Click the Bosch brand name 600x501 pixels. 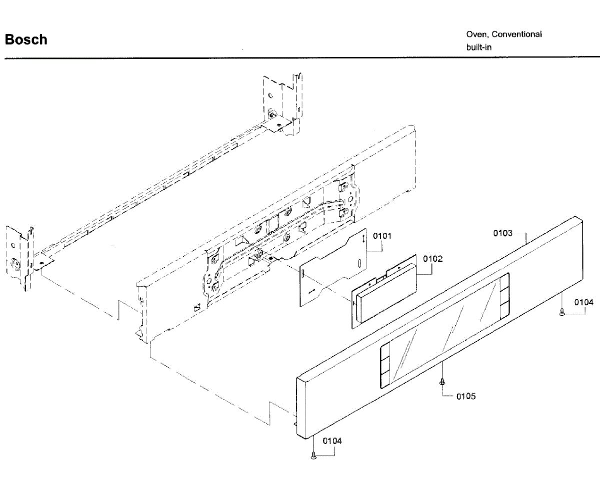(26, 39)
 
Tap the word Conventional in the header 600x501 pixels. (517, 34)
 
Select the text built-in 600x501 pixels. (479, 47)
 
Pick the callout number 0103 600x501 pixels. (503, 233)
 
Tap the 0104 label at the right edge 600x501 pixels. (583, 302)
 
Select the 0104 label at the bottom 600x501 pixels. (332, 441)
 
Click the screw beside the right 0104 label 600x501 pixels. (562, 313)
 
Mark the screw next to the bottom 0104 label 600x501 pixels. (313, 455)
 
